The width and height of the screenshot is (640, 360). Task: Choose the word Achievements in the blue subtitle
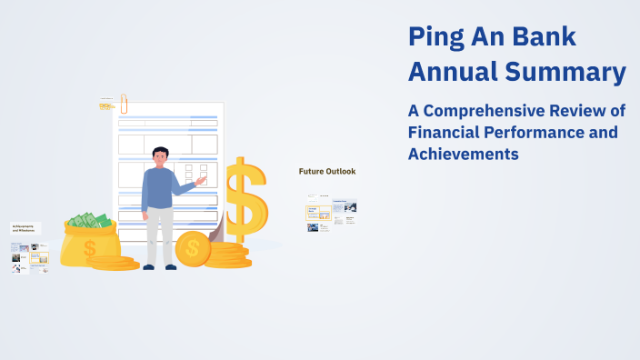(463, 155)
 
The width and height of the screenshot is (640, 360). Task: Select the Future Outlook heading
(327, 171)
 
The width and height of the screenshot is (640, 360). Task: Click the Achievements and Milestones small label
(25, 227)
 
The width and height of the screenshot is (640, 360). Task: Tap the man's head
(161, 156)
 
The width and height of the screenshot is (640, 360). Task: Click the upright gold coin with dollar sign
(193, 246)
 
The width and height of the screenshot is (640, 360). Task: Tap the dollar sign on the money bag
(89, 247)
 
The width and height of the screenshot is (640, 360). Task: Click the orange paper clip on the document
(123, 102)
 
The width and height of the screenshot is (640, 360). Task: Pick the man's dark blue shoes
(160, 266)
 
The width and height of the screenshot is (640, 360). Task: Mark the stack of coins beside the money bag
(113, 263)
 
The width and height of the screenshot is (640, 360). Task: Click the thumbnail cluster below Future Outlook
(331, 213)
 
